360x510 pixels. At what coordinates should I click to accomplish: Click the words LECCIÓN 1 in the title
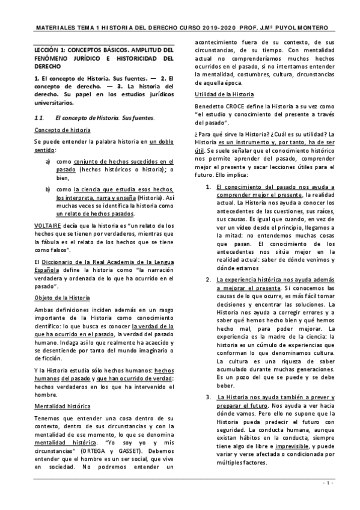point(52,51)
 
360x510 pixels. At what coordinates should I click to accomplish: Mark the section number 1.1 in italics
point(40,117)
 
